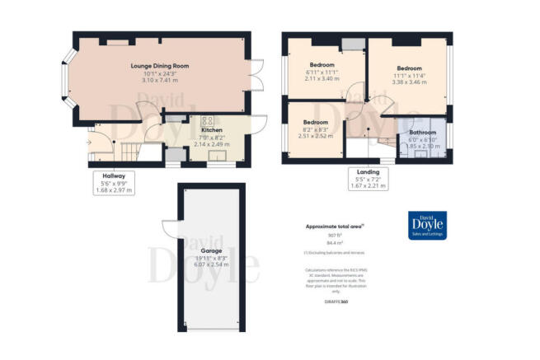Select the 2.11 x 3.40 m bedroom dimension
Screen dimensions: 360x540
(322, 79)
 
